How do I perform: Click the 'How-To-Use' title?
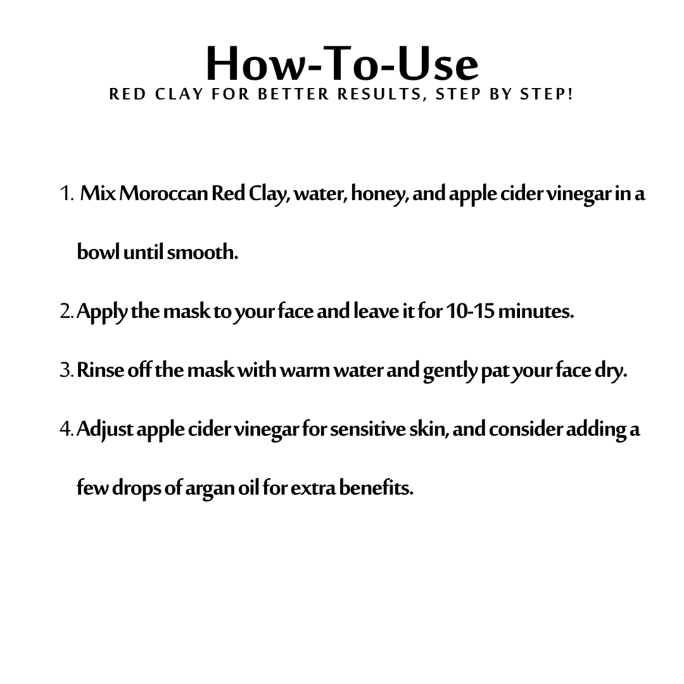tap(342, 64)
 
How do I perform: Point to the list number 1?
tap(66, 193)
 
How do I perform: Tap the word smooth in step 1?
tap(203, 252)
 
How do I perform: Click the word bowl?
tap(98, 251)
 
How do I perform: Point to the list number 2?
tap(67, 312)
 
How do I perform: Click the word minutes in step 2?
tap(536, 312)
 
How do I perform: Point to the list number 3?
tap(67, 370)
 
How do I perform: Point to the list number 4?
tap(67, 429)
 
